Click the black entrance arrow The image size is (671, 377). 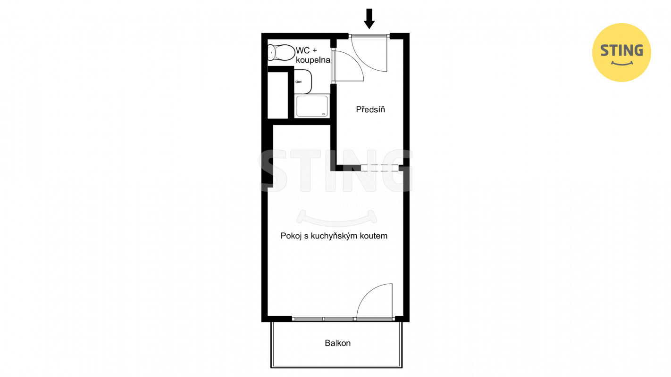pos(369,18)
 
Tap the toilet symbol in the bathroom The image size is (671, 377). pos(281,53)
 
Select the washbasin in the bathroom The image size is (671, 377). pos(303,82)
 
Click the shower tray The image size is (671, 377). pos(312,106)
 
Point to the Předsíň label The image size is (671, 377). pos(370,109)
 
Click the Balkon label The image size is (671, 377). pos(337,343)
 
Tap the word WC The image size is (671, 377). pos(302,50)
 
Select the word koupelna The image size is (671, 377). pos(313,60)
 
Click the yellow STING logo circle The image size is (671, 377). pos(621,52)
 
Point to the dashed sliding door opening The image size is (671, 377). pos(379,168)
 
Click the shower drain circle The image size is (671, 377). pos(323,114)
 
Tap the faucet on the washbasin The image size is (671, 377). pos(298,82)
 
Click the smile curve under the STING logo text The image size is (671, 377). pos(621,64)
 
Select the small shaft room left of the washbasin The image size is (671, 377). pos(277,95)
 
